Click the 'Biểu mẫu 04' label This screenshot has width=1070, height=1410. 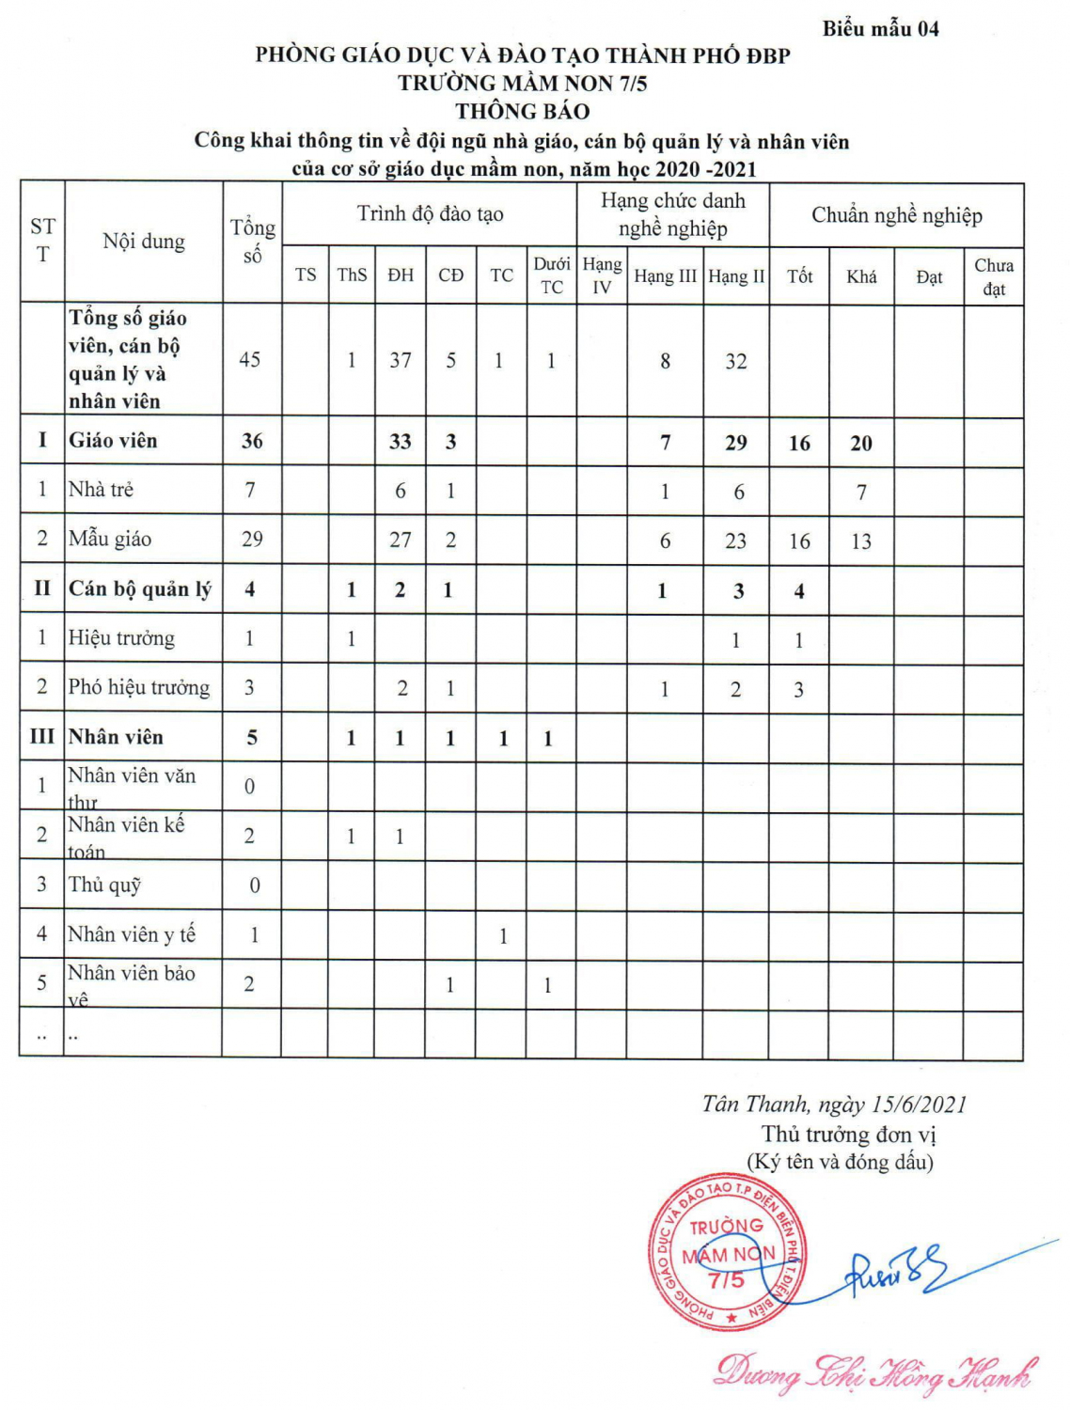(x=880, y=28)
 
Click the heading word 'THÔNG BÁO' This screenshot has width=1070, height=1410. (x=523, y=112)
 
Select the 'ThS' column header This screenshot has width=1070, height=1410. (x=352, y=274)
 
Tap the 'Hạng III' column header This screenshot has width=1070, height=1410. (x=665, y=276)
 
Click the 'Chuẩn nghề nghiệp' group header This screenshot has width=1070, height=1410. (x=896, y=215)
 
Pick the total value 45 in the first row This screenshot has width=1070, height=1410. (x=250, y=360)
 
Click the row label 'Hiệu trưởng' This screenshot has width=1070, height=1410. (x=121, y=638)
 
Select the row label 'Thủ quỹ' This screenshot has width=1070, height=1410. (x=104, y=885)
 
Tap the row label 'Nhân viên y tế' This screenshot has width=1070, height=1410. (x=132, y=934)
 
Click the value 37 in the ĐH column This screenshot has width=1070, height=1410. (x=401, y=360)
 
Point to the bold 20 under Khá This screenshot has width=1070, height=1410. (x=861, y=444)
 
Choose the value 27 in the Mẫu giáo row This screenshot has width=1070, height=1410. (x=401, y=540)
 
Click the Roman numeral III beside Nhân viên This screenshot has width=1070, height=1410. (x=42, y=737)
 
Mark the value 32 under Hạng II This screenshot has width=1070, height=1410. (x=736, y=361)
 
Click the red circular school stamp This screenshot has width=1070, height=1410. (x=727, y=1252)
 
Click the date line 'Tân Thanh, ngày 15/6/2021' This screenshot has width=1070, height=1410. (x=834, y=1104)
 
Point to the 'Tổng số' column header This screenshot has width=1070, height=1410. (x=252, y=241)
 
